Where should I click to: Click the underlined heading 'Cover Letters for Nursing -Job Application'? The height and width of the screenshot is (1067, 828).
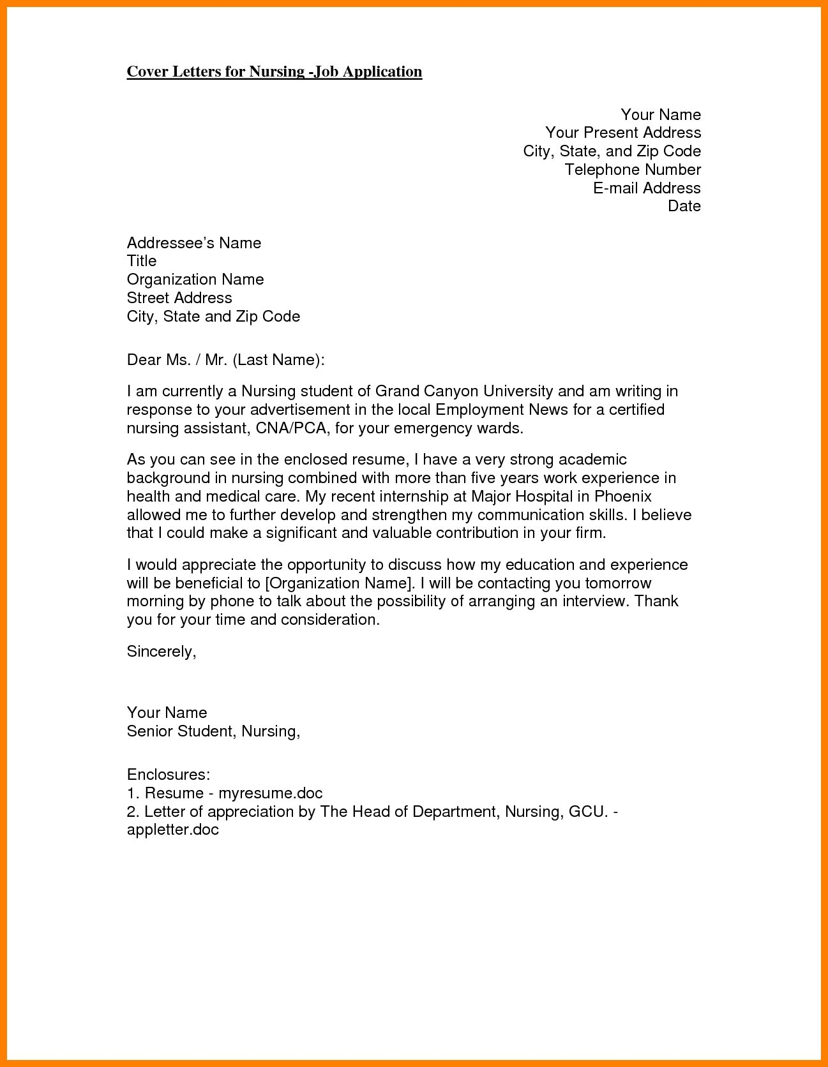coord(275,71)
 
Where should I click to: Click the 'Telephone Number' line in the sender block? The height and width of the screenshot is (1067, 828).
coord(633,170)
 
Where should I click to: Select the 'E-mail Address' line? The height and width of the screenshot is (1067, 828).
coord(647,188)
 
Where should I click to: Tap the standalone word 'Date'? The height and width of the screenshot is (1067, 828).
coord(684,206)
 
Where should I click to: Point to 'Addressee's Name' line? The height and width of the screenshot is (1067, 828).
coord(194,243)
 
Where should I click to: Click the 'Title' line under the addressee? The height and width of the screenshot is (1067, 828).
coord(142,261)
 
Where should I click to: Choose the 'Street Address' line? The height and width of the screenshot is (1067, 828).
coord(179,298)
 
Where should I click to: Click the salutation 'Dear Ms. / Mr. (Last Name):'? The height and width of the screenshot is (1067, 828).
coord(226,360)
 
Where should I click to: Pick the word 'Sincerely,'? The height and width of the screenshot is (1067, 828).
coord(162,652)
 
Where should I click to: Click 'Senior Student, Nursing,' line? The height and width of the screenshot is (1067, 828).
coord(213,731)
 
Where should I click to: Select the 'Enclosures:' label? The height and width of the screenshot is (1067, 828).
coord(169,775)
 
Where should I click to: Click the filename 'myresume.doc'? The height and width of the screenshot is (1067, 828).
coord(271,793)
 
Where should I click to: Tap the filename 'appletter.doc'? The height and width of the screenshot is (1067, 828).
coord(173,830)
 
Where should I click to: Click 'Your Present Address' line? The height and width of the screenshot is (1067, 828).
coord(623,133)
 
